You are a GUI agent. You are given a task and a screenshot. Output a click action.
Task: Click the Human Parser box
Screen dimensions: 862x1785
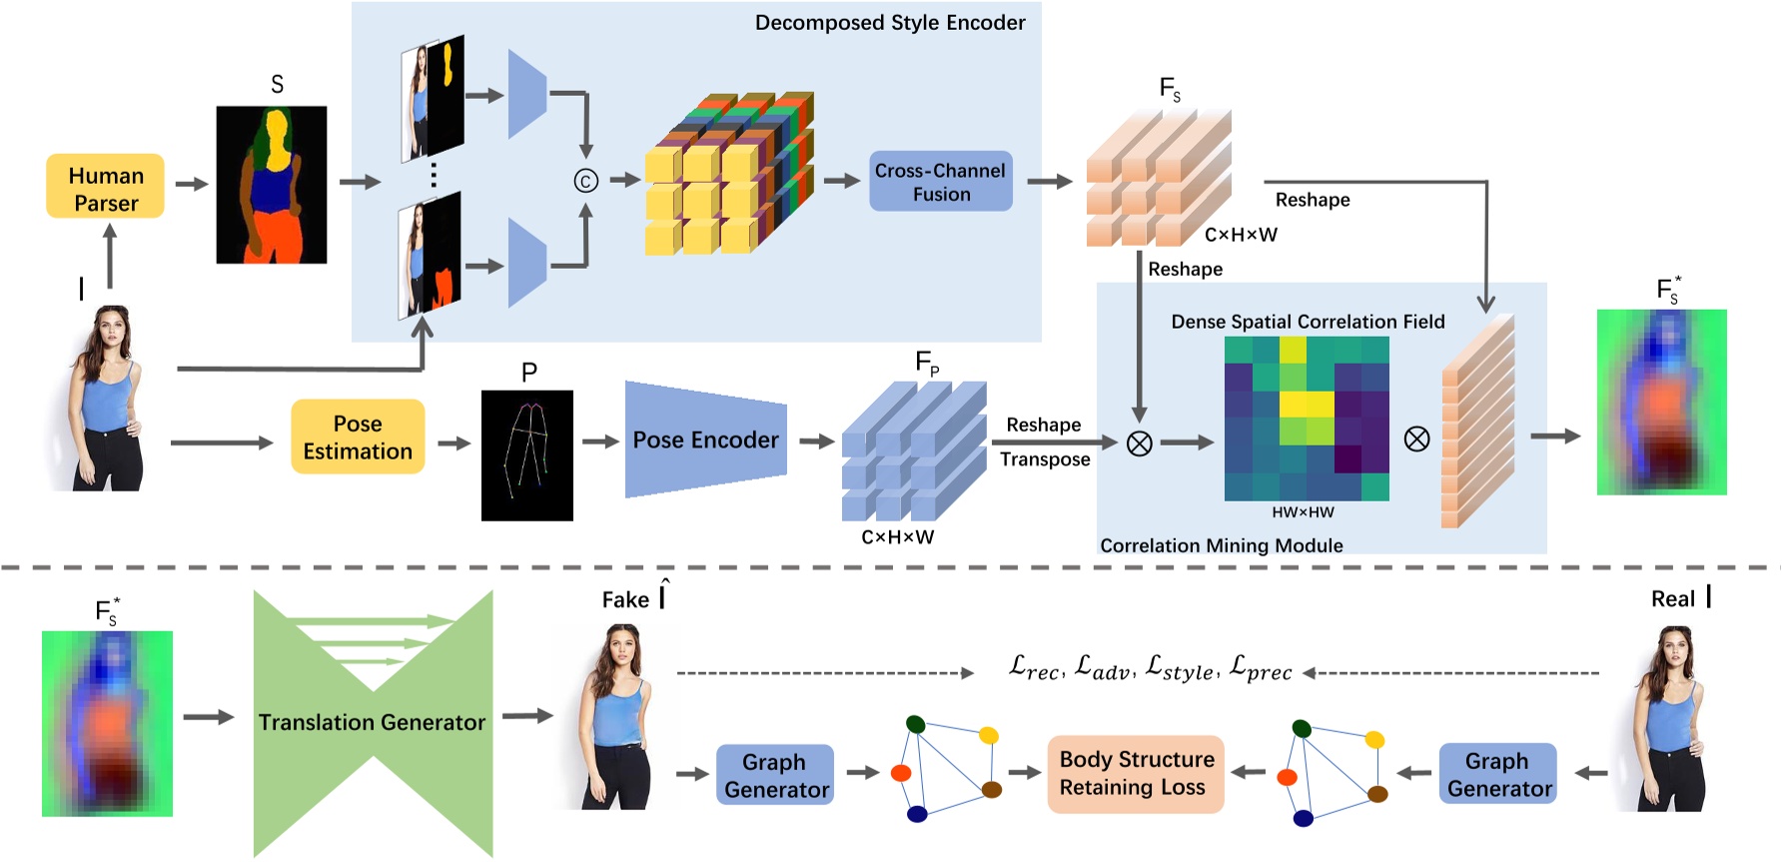pyautogui.click(x=105, y=187)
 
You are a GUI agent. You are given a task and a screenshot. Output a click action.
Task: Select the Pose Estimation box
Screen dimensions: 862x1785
pyautogui.click(x=358, y=437)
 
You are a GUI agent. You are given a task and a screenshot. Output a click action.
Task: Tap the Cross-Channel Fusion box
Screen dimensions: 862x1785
pyautogui.click(x=940, y=182)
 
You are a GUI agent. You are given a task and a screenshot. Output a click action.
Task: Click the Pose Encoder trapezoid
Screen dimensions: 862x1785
pyautogui.click(x=705, y=439)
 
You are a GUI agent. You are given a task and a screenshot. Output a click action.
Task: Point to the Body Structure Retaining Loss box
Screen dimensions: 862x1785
pyautogui.click(x=1136, y=773)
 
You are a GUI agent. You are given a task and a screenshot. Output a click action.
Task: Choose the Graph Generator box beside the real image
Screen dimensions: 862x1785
pyautogui.click(x=1497, y=774)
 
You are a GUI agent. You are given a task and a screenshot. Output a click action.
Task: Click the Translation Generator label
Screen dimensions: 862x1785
pyautogui.click(x=372, y=722)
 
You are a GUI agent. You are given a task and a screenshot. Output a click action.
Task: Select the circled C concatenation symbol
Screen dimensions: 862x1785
pyautogui.click(x=585, y=181)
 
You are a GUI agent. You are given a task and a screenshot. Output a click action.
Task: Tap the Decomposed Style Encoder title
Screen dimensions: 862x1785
pyautogui.click(x=889, y=22)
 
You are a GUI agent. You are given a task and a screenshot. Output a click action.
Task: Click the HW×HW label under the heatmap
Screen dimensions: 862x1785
pyautogui.click(x=1303, y=512)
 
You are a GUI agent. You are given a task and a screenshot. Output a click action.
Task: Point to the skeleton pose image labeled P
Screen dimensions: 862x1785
pyautogui.click(x=526, y=455)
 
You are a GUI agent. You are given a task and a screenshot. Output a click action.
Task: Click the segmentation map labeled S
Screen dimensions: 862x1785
pyautogui.click(x=272, y=185)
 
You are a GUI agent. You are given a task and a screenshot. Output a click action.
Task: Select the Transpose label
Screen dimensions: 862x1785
pyautogui.click(x=1045, y=459)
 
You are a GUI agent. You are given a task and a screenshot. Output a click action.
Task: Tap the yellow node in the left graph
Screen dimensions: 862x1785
pyautogui.click(x=988, y=736)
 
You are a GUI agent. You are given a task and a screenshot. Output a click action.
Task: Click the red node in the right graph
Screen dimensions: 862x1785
pyautogui.click(x=1287, y=777)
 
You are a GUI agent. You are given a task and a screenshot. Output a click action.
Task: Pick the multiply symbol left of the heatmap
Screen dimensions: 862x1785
pyautogui.click(x=1139, y=443)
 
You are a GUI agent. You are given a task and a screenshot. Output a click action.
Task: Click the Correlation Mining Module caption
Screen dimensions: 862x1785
pyautogui.click(x=1221, y=545)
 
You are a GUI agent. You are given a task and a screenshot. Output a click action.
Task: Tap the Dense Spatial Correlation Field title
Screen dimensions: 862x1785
pyautogui.click(x=1308, y=322)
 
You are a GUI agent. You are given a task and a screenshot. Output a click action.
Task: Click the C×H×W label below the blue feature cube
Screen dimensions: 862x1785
pyautogui.click(x=897, y=537)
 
